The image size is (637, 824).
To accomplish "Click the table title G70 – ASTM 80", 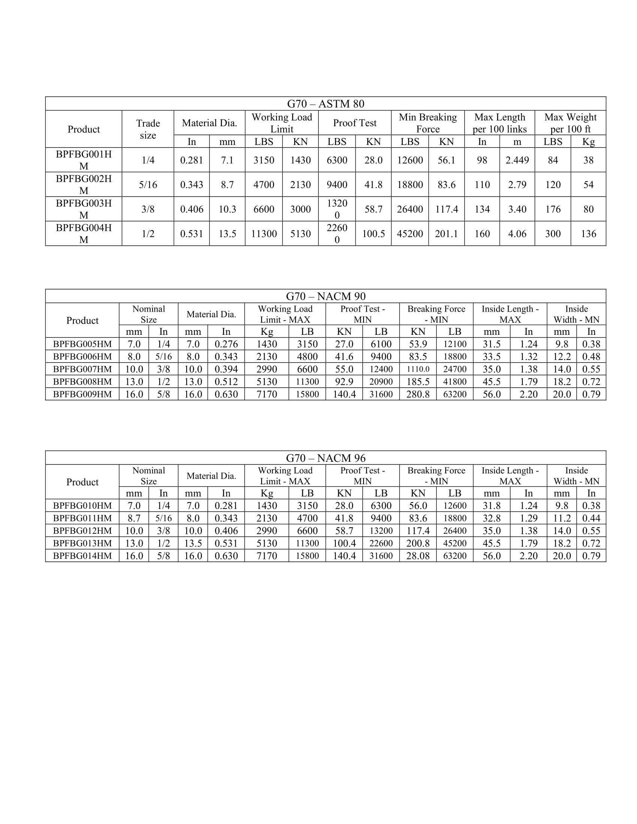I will [325, 104].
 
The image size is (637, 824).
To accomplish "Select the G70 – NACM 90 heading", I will [325, 296].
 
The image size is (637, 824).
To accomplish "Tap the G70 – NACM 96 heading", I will [325, 458].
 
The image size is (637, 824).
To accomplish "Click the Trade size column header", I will [148, 129].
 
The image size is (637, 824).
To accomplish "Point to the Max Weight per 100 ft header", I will [570, 123].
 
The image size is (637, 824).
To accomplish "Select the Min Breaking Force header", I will [428, 123].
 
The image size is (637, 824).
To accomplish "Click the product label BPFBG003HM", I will [84, 209].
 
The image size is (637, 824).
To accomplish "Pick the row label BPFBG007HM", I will [82, 369].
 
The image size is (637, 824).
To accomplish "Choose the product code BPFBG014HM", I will [82, 556].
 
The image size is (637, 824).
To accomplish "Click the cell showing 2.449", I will [517, 160].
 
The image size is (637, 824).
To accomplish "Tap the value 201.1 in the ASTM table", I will [446, 234].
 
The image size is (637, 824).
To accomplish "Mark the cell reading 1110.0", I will [418, 369].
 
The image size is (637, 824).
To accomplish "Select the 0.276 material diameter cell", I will [226, 344].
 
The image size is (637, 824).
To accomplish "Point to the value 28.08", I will [418, 556].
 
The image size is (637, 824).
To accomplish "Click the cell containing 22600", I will [381, 543].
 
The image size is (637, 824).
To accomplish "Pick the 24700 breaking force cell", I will [455, 369].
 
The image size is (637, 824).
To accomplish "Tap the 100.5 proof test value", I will [373, 234].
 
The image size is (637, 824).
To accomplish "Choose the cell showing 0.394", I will [226, 369].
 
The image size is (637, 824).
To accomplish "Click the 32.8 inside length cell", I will [491, 518].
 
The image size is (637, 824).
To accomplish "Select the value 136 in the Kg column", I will [588, 234].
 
